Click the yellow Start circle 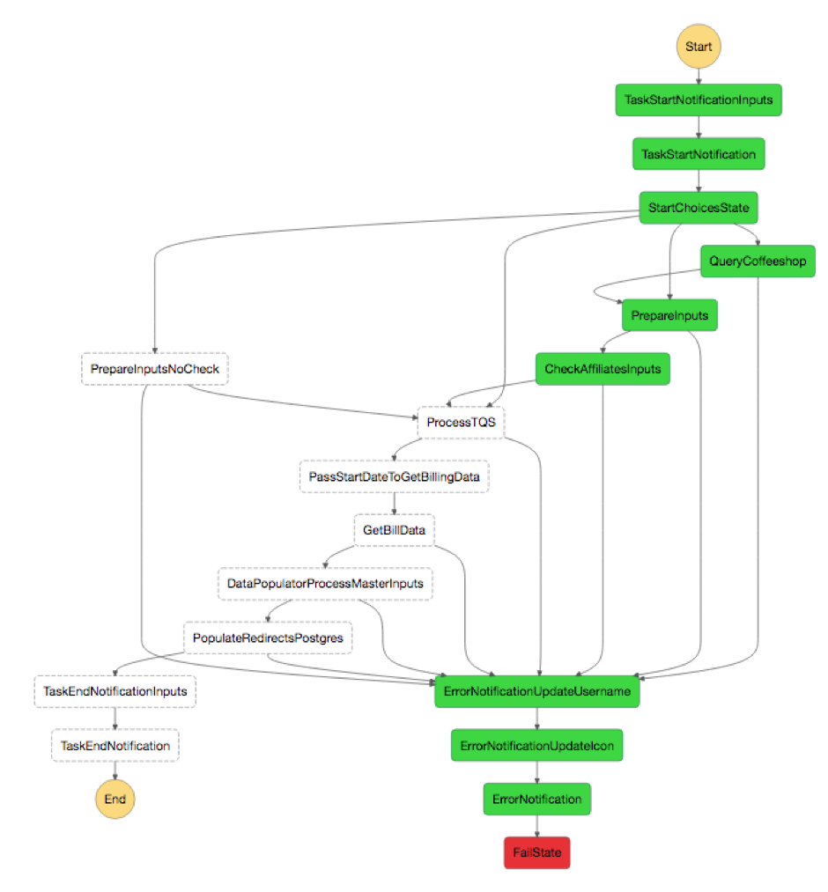point(699,46)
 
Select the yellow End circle point(115,799)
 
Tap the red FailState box point(536,852)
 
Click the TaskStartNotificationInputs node point(699,100)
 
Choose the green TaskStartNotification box point(699,154)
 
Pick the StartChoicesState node point(699,208)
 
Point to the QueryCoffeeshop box point(758,261)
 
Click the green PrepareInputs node point(669,315)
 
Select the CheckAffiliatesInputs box point(603,369)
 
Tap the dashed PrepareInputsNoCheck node point(154,369)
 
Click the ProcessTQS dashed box point(461,423)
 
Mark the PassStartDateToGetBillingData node point(394,476)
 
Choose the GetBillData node point(394,530)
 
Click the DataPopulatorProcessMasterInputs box point(325,584)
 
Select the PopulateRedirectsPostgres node point(268,638)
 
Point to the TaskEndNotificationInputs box point(115,691)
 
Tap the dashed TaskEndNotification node point(115,746)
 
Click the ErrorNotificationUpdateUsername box point(536,692)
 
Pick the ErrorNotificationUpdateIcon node point(536,746)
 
